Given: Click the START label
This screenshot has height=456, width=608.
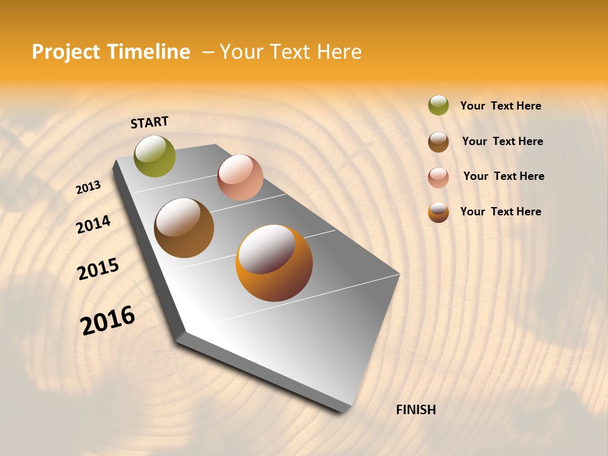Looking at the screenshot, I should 149,122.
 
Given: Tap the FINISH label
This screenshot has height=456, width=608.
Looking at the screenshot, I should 415,410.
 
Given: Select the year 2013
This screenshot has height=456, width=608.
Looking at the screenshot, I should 88,187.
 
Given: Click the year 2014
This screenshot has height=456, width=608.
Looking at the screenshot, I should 93,225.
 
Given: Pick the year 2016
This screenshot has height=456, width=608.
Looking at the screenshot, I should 108,320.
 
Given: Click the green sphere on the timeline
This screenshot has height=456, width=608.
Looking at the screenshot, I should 155,156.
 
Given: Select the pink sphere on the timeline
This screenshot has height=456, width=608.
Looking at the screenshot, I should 240,177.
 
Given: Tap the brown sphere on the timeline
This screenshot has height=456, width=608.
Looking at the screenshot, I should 184,228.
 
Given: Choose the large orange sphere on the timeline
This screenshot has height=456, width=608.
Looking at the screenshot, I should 274,263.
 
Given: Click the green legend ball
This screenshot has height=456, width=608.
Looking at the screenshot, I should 438,105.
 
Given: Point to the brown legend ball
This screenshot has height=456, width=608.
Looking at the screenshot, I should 438,142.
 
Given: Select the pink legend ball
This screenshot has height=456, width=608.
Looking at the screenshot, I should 438,177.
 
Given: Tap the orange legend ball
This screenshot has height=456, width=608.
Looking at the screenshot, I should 438,213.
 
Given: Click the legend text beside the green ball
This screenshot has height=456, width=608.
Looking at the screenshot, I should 500,106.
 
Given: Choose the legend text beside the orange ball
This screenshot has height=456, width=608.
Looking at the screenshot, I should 500,212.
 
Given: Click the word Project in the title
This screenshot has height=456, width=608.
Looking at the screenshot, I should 65,52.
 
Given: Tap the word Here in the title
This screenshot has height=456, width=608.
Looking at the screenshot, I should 339,52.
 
